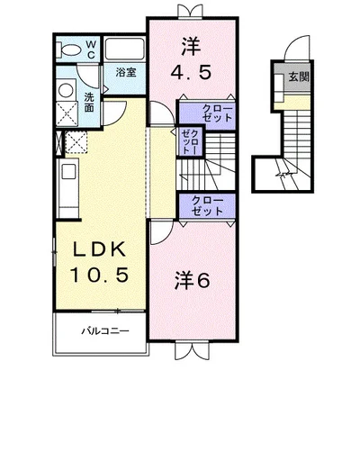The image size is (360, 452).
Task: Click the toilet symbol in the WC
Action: coord(70,50)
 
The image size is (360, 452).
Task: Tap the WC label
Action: coord(91,50)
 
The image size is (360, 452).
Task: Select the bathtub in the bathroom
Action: coord(124,49)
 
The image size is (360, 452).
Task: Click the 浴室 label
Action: coord(126,72)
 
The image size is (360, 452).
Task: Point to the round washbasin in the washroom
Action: coord(66,90)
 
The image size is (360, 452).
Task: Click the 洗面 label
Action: coord(89,102)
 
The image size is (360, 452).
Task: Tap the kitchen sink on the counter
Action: coord(68,171)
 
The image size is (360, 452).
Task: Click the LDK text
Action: coord(99,249)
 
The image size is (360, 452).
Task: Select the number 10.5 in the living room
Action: coord(99,275)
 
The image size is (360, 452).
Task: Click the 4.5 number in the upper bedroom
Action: coord(191,72)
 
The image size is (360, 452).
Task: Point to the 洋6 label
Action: coord(193,280)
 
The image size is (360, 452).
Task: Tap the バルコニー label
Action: coord(105,331)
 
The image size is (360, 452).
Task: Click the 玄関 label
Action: coord(299,77)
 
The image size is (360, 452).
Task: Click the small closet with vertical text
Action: coord(190,140)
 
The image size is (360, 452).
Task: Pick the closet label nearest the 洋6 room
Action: coord(207,205)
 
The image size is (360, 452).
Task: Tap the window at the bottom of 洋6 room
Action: coord(192,349)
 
